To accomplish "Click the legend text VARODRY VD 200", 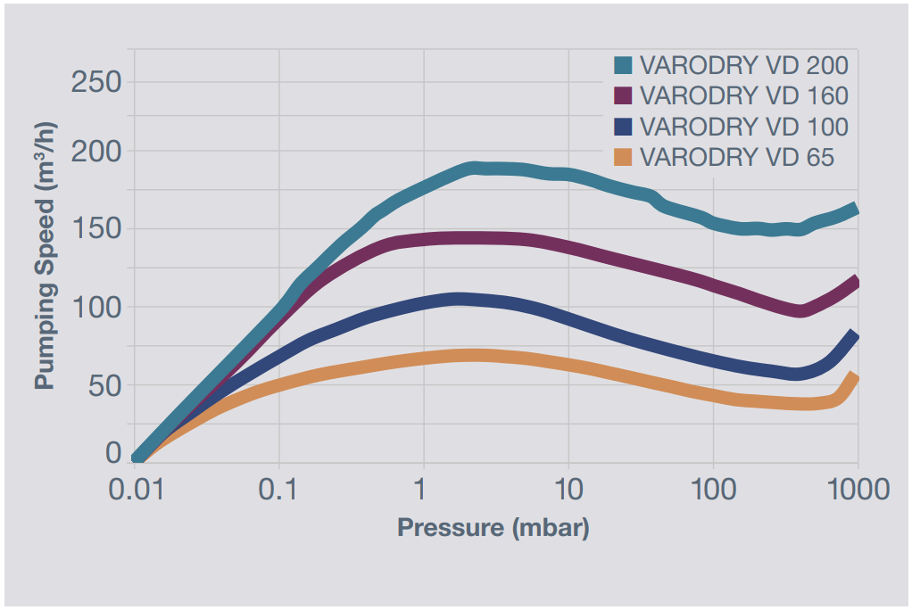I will click(x=743, y=66).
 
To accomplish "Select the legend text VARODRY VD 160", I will click(x=743, y=95).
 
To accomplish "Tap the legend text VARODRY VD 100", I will click(x=743, y=126).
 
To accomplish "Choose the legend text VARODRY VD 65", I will click(x=736, y=157).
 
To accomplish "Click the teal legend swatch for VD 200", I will click(x=623, y=66).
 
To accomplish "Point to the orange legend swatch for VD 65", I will click(x=623, y=157).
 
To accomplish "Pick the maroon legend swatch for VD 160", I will click(x=623, y=95).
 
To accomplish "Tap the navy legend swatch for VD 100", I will click(x=623, y=126).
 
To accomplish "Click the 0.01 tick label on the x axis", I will click(x=137, y=489).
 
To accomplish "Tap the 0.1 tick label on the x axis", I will click(x=279, y=489).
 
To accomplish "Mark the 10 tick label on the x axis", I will click(x=568, y=489).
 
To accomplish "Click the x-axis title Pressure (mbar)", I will click(x=493, y=527).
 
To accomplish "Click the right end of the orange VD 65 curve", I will click(x=854, y=377).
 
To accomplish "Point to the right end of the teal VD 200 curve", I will click(x=854, y=209).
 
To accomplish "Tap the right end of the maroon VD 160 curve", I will click(x=854, y=283).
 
